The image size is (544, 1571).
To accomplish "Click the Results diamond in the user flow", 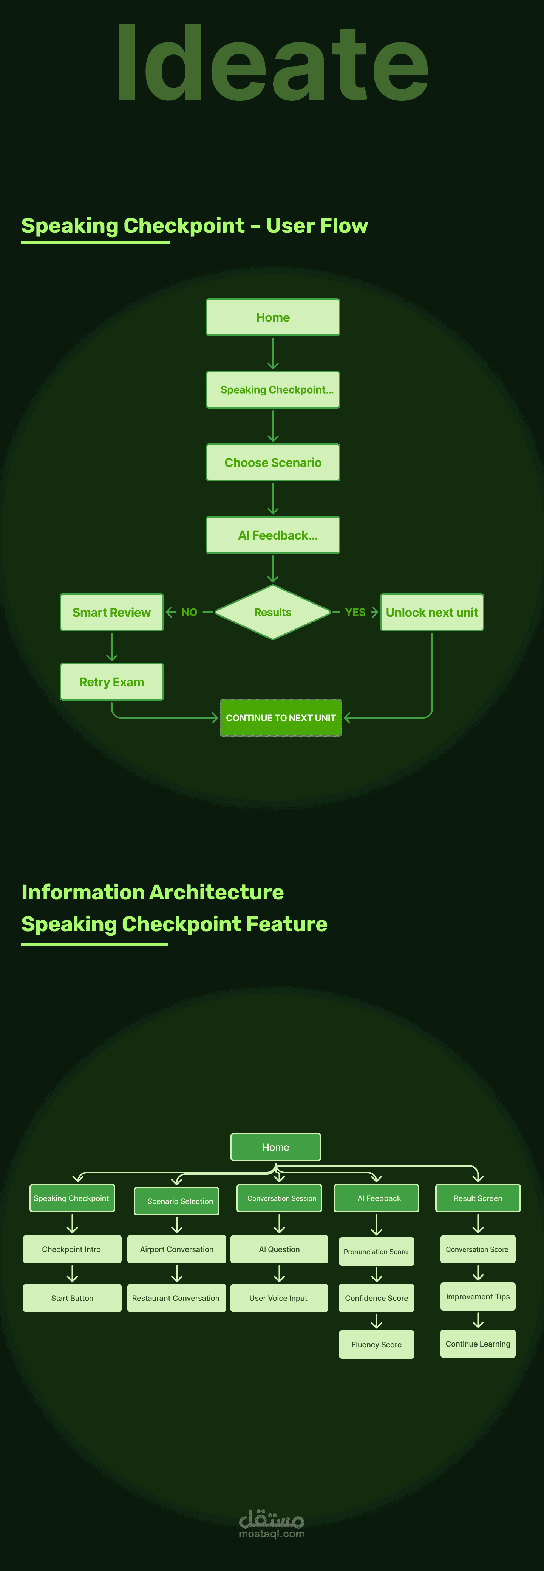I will pyautogui.click(x=273, y=612).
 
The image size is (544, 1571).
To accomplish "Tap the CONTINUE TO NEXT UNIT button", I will pyautogui.click(x=281, y=718).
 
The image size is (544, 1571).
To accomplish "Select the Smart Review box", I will pyautogui.click(x=111, y=612).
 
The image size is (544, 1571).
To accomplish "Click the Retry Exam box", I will pyautogui.click(x=111, y=682).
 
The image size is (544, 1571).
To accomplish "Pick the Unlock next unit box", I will pyautogui.click(x=432, y=612).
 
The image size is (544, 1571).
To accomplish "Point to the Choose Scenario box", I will pyautogui.click(x=273, y=462).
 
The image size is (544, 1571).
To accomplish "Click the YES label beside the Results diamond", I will pyautogui.click(x=355, y=612).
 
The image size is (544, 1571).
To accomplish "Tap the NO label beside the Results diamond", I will pyautogui.click(x=190, y=612).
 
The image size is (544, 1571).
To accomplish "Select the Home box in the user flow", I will pyautogui.click(x=273, y=317).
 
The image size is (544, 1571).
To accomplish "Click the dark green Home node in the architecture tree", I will pyautogui.click(x=275, y=1147).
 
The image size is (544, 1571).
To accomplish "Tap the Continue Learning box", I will pyautogui.click(x=478, y=1344).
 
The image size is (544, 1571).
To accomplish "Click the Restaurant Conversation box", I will pyautogui.click(x=176, y=1298).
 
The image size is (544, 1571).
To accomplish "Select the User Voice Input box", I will pyautogui.click(x=279, y=1298).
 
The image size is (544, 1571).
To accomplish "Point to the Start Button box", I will pyautogui.click(x=72, y=1298).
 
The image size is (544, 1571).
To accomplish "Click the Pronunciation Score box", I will pyautogui.click(x=376, y=1251).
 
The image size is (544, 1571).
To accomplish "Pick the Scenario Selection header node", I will pyautogui.click(x=177, y=1201).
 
